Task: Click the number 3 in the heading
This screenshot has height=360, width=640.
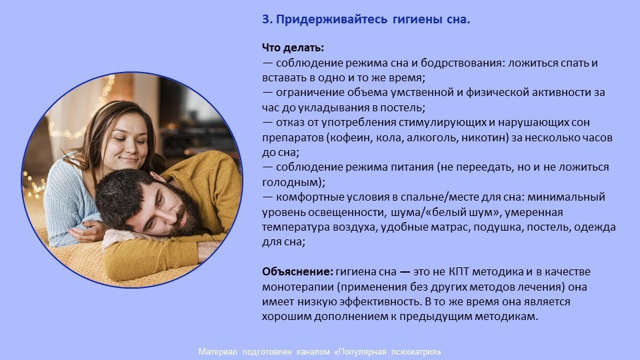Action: pyautogui.click(x=266, y=19)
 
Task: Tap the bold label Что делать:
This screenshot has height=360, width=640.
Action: pyautogui.click(x=293, y=48)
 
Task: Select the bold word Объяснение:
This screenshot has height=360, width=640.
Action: pyautogui.click(x=297, y=272)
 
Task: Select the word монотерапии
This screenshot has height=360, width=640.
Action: pyautogui.click(x=298, y=287)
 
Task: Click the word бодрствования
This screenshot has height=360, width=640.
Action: pyautogui.click(x=463, y=63)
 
